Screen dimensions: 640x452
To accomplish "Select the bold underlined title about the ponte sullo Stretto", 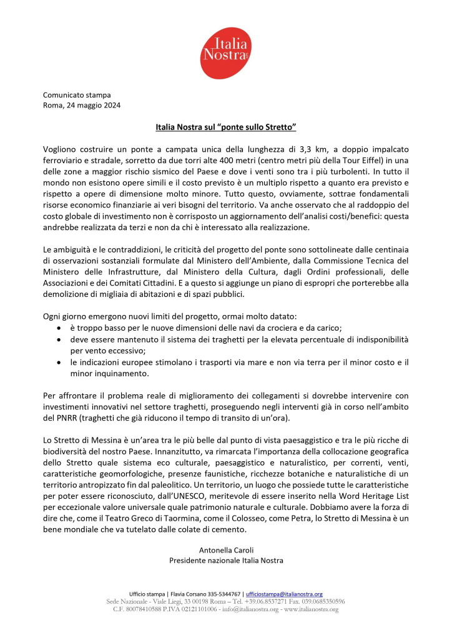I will pos(225,127).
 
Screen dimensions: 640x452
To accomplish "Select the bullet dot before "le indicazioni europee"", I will pos(59,362).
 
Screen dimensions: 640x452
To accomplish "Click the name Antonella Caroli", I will pos(226,549).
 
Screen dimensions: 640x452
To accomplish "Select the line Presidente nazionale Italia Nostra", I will pos(226,560).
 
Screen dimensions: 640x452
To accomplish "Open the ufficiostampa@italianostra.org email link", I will pos(284,594).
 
